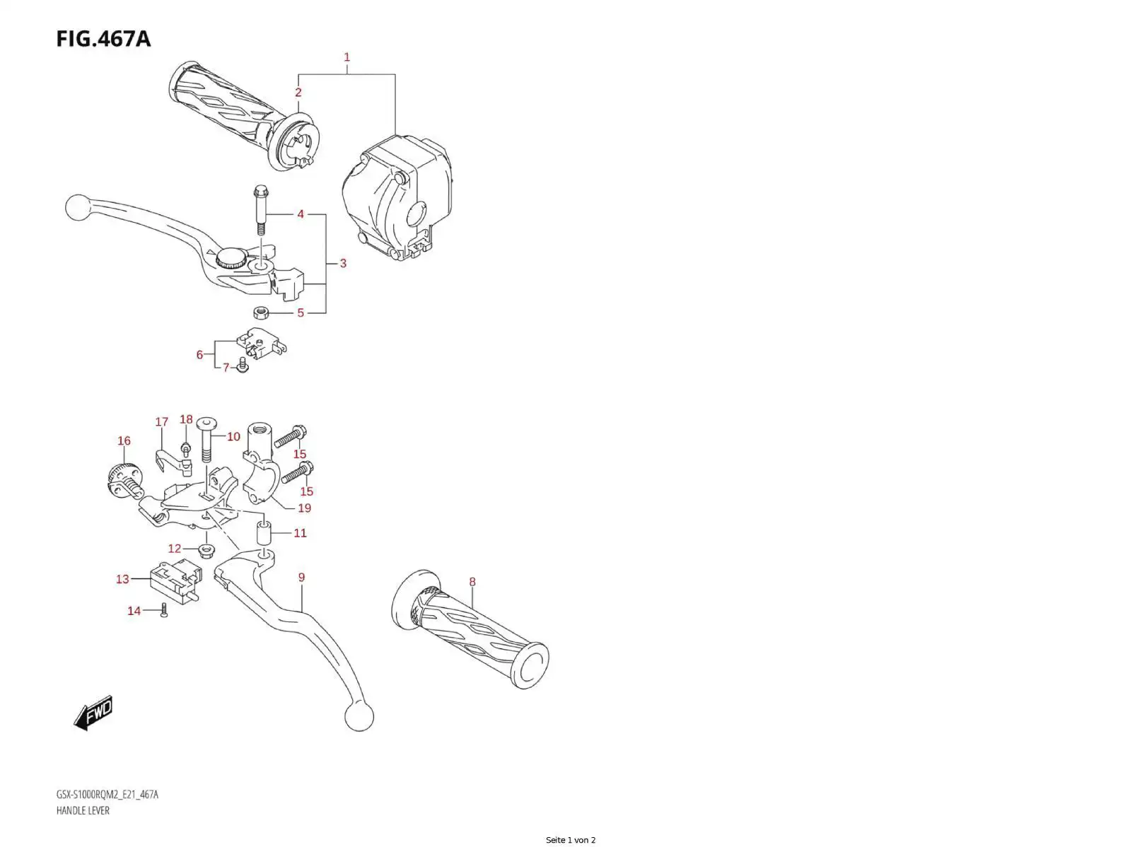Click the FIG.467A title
point(103,39)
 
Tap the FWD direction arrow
point(93,713)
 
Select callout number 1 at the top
point(347,57)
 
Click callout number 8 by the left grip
point(472,581)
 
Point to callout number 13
point(122,580)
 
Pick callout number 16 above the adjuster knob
point(124,440)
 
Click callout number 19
point(305,508)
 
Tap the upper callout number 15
point(300,454)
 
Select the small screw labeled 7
point(243,366)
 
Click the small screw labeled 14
point(164,610)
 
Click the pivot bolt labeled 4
point(260,211)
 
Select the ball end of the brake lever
point(78,209)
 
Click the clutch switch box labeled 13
point(175,580)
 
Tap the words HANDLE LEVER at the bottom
point(83,810)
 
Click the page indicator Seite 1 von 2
point(571,840)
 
